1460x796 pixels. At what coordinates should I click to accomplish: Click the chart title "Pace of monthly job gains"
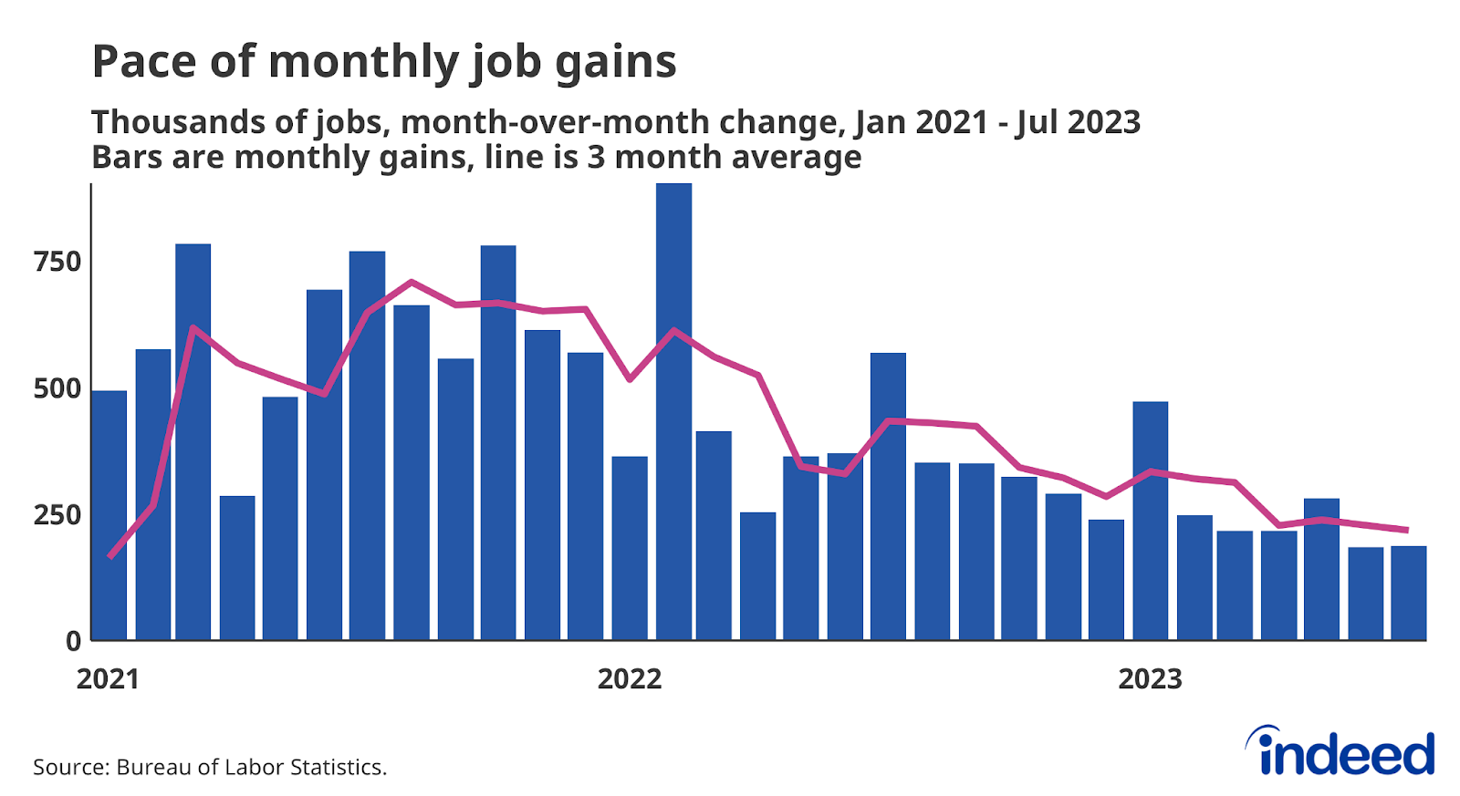(x=384, y=63)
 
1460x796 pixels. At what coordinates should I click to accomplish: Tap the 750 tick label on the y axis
(x=57, y=263)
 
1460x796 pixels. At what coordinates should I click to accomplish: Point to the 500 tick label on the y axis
(x=57, y=389)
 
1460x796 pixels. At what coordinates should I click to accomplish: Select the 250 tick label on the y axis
(x=57, y=515)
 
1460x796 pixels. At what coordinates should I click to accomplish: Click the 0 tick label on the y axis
(x=73, y=642)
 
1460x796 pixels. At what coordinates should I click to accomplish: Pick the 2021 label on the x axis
(x=108, y=679)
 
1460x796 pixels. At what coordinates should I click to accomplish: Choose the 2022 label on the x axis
(x=630, y=679)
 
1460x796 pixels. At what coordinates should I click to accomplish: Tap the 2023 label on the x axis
(x=1150, y=679)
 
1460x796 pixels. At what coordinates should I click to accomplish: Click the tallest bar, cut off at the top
(x=673, y=410)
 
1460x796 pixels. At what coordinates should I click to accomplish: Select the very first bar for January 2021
(x=110, y=515)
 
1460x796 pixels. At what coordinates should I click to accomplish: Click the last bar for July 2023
(x=1408, y=593)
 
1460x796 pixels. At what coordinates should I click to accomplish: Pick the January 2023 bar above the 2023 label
(x=1150, y=520)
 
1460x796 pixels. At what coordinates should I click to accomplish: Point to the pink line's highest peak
(x=412, y=282)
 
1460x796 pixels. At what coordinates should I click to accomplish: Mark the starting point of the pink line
(x=110, y=556)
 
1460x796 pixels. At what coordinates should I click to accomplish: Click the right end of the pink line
(x=1406, y=530)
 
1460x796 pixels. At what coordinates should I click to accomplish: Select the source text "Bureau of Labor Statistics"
(x=250, y=768)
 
